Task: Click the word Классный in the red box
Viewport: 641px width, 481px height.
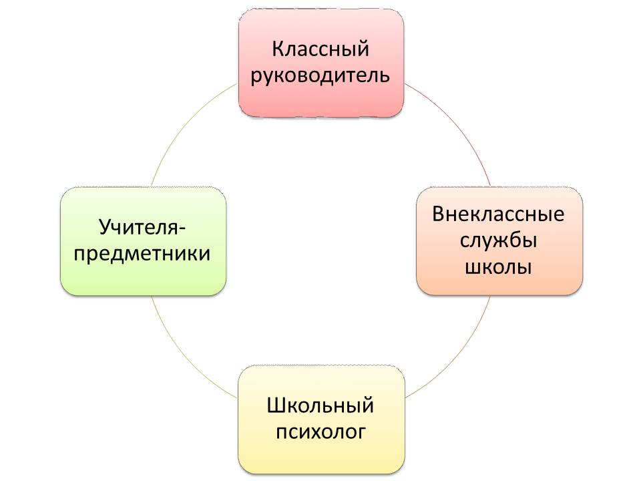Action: pos(320,49)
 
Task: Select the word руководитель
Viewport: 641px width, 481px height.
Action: pos(320,75)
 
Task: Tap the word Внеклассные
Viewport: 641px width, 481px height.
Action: pos(498,214)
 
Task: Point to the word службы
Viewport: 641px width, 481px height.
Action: pos(498,240)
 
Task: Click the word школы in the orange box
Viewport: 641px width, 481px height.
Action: pos(498,267)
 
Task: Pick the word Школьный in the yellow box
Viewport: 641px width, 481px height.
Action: pos(320,406)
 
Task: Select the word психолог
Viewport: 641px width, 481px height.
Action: pos(320,432)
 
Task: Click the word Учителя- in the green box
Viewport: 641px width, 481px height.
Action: pos(142,227)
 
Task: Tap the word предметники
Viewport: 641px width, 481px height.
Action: pos(142,254)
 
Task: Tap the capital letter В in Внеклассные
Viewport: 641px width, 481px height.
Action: pos(439,214)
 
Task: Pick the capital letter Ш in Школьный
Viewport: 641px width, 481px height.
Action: pos(276,406)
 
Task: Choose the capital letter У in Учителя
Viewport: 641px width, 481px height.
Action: pos(105,227)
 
